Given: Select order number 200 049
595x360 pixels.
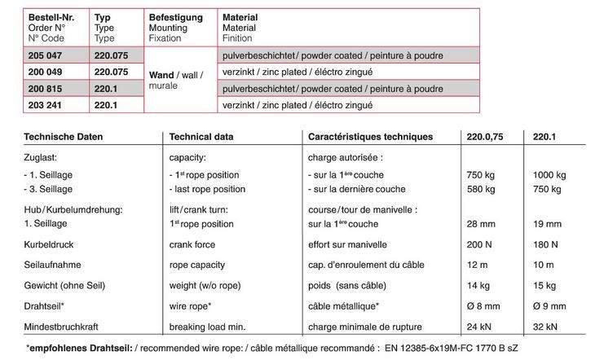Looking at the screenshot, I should coord(45,72).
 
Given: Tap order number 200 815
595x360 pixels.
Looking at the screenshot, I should coord(45,88).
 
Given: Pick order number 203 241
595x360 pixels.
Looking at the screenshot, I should coord(45,105).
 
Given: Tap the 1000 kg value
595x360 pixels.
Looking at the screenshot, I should coord(549,175).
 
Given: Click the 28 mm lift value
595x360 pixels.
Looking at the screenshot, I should coord(479,222).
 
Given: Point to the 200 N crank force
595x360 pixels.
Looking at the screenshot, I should coord(478,244).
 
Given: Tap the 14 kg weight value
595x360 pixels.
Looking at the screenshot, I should coord(477,287).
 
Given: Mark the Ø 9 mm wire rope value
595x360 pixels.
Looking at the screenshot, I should coord(549,308).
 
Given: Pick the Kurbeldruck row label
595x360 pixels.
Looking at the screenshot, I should coord(49,244).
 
